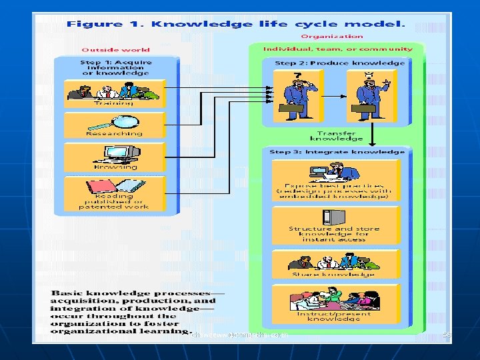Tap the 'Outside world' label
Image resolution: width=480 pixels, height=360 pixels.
point(115,49)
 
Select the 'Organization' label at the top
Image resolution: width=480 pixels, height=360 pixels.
point(332,37)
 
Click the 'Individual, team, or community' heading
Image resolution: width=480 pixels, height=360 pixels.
point(338,49)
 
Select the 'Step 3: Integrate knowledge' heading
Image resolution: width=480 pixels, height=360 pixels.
point(337,152)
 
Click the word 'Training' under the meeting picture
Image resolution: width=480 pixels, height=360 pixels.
point(114,103)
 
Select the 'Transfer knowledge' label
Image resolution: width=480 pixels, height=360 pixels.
point(337,136)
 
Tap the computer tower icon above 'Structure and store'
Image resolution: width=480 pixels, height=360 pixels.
point(328,217)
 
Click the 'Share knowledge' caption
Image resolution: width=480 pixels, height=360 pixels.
point(333,274)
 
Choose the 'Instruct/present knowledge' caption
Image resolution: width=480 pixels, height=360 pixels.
point(334,315)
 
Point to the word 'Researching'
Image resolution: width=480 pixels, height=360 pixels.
point(114,133)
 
